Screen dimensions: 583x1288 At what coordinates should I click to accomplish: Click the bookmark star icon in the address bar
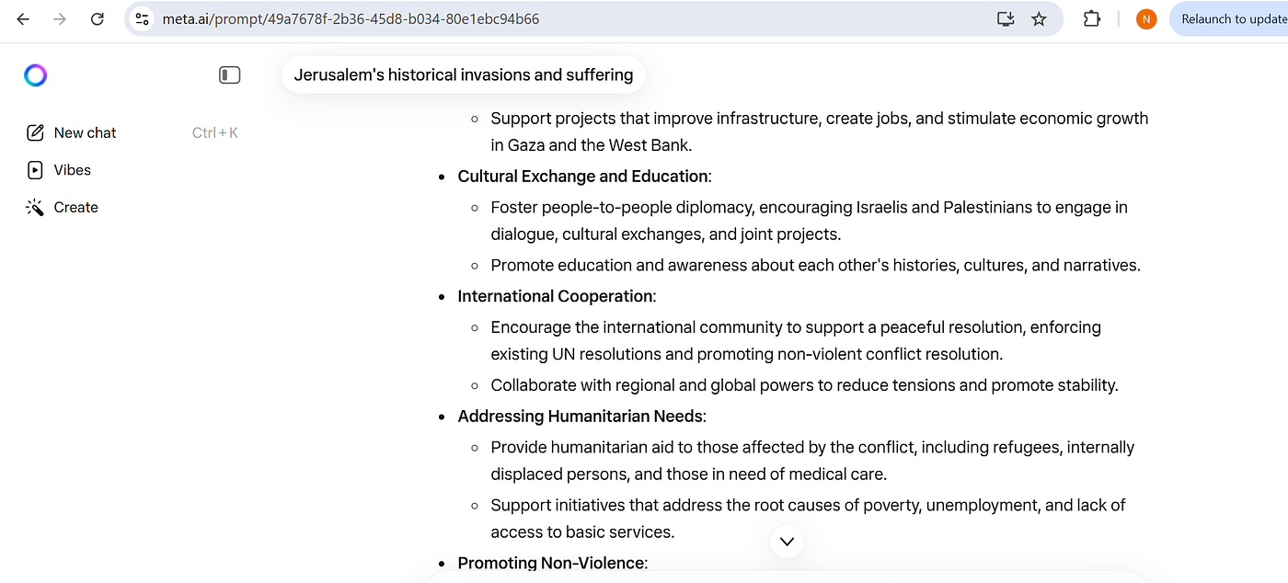pyautogui.click(x=1039, y=18)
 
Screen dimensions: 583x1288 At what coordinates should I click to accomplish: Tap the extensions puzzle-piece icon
pyautogui.click(x=1092, y=18)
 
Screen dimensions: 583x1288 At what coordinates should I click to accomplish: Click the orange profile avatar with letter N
pyautogui.click(x=1146, y=18)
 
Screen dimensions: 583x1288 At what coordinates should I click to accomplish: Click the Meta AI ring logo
pyautogui.click(x=36, y=75)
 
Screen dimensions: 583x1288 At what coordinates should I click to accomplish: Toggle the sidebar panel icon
pyautogui.click(x=230, y=75)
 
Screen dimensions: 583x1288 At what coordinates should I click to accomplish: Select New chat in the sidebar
pyautogui.click(x=85, y=132)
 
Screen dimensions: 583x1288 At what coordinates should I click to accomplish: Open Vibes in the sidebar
pyautogui.click(x=72, y=170)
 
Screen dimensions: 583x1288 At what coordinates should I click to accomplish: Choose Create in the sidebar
pyautogui.click(x=75, y=208)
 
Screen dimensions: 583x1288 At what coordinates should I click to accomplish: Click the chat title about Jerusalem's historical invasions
pyautogui.click(x=463, y=75)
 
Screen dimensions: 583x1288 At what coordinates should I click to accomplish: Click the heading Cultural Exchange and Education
pyautogui.click(x=582, y=177)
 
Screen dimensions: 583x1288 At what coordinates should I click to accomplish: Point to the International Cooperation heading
pyautogui.click(x=555, y=296)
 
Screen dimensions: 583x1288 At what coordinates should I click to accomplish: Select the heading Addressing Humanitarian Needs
pyautogui.click(x=580, y=417)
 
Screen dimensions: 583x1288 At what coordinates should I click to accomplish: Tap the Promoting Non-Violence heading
pyautogui.click(x=551, y=563)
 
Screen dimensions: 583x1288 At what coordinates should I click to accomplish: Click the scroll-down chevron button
pyautogui.click(x=787, y=542)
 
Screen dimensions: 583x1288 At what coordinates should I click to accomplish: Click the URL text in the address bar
pyautogui.click(x=351, y=18)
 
